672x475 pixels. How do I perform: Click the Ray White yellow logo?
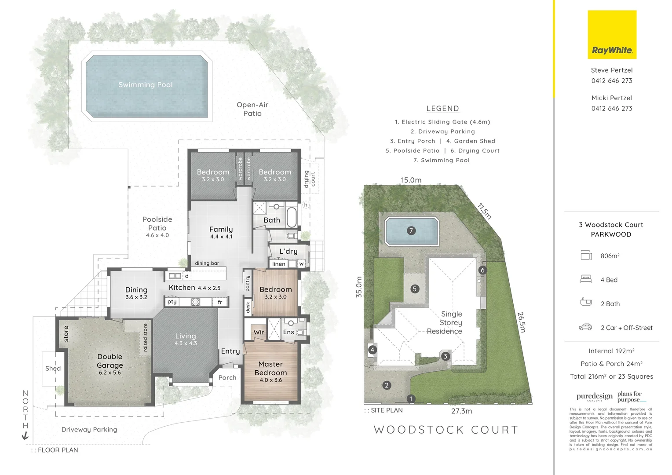(612, 35)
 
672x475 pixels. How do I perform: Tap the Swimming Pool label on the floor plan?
(146, 84)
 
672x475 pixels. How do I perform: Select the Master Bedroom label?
(270, 368)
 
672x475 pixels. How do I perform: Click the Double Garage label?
(110, 361)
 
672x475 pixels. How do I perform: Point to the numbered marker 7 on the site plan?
(411, 230)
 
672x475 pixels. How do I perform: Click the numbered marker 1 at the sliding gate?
(411, 399)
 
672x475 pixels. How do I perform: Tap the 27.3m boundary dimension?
(461, 411)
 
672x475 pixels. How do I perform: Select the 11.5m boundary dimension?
(484, 211)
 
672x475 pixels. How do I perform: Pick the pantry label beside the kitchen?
(248, 283)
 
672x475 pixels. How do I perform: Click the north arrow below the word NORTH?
(25, 435)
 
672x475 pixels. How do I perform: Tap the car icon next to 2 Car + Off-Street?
(585, 327)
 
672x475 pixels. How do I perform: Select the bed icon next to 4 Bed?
(586, 279)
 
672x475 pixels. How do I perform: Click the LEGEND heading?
(442, 109)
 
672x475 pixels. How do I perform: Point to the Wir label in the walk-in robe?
(259, 332)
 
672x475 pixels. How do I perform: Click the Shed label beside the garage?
(53, 369)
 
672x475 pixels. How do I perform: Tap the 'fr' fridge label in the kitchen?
(220, 302)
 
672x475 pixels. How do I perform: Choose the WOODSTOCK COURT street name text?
(446, 430)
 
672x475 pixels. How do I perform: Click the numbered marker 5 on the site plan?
(414, 289)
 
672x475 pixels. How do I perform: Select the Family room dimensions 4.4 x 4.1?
(221, 237)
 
